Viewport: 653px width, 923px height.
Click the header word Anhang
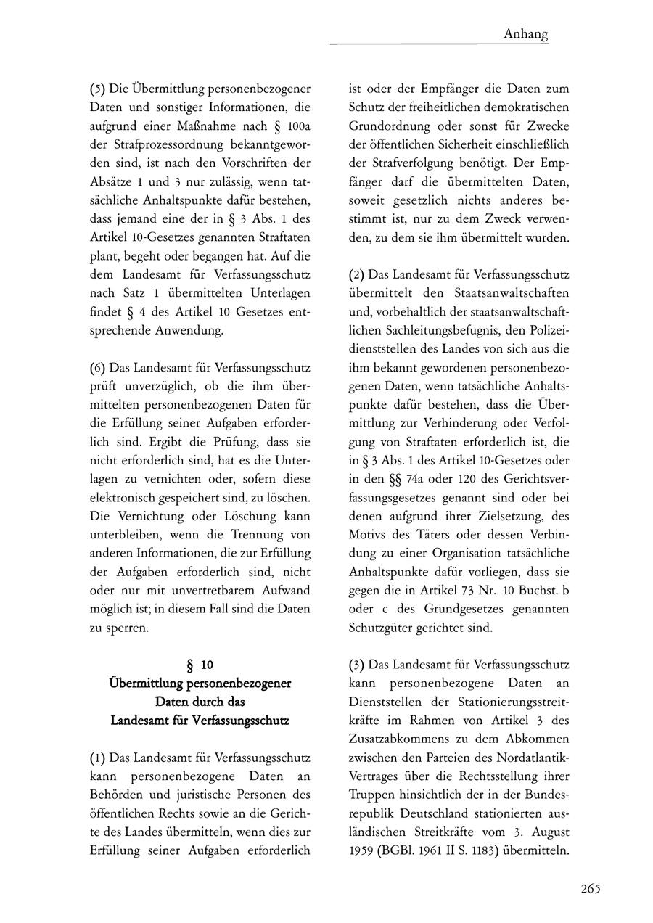pyautogui.click(x=525, y=34)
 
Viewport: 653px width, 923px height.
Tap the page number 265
pyautogui.click(x=591, y=890)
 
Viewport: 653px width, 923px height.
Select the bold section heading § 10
pyautogui.click(x=200, y=665)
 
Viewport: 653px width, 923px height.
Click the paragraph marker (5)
pyautogui.click(x=97, y=89)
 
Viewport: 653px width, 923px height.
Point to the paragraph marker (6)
pyautogui.click(x=97, y=368)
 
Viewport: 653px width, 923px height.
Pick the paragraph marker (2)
pyautogui.click(x=357, y=275)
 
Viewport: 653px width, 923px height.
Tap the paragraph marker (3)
pyautogui.click(x=357, y=665)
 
